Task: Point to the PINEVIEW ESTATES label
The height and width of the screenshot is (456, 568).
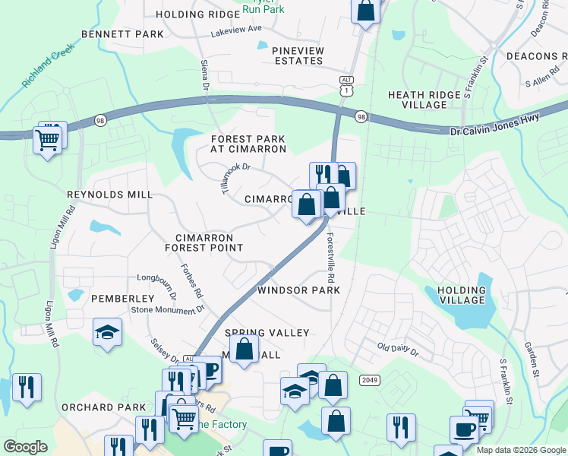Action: (x=298, y=56)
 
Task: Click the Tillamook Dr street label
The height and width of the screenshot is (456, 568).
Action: (x=235, y=177)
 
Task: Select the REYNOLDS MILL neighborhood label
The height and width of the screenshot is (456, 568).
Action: (x=109, y=195)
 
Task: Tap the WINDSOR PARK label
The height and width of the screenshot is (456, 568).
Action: (x=298, y=290)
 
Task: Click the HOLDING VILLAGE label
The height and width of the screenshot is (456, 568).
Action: (x=456, y=295)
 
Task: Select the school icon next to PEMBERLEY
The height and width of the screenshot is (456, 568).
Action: (x=108, y=332)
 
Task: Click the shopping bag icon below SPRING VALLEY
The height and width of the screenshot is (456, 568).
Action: (x=244, y=350)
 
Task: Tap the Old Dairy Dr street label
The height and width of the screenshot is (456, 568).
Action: (x=398, y=350)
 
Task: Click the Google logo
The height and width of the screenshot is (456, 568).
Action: (x=25, y=447)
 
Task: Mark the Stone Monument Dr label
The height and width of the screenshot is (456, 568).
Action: (x=168, y=309)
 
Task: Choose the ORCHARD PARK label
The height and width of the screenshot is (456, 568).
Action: (x=104, y=407)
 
